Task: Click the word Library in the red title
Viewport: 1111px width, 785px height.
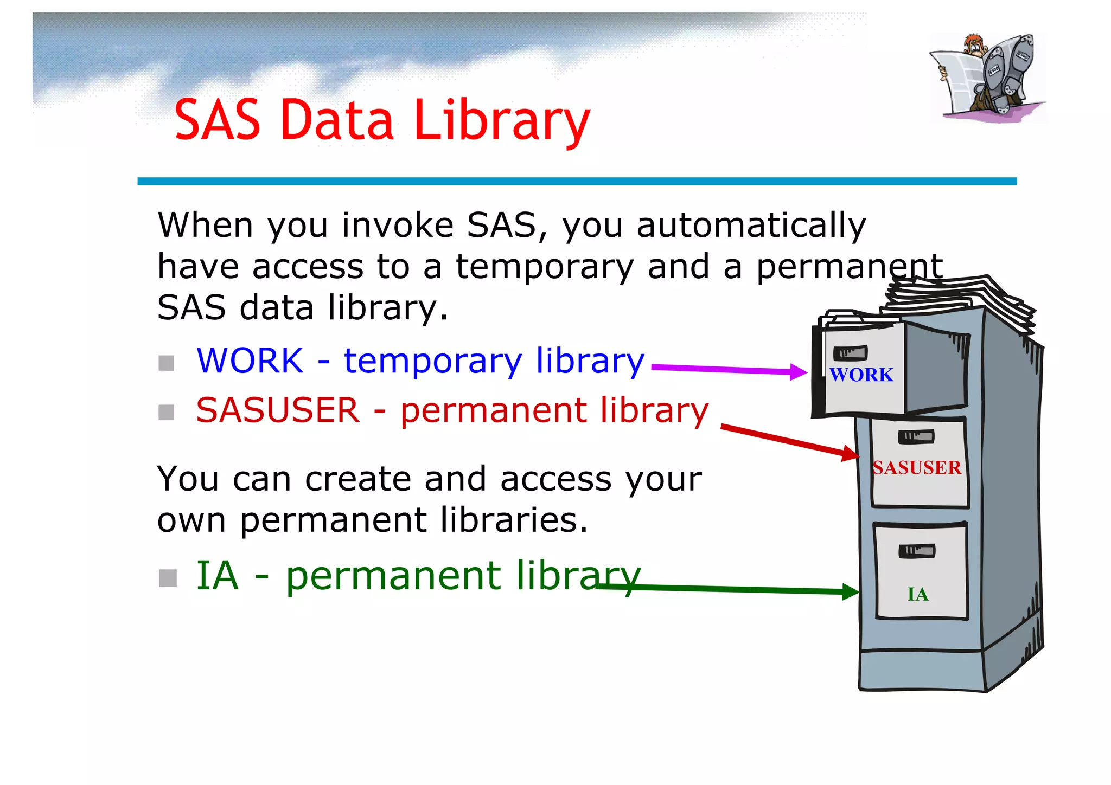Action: (501, 120)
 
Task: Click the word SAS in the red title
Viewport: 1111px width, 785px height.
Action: (217, 120)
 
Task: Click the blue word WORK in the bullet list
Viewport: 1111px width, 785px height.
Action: (250, 361)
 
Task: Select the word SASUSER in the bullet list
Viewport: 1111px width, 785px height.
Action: (278, 410)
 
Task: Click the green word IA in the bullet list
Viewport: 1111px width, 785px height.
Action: (217, 576)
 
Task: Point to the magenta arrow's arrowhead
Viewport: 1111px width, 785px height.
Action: (799, 372)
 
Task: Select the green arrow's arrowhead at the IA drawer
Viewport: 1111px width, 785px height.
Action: (851, 591)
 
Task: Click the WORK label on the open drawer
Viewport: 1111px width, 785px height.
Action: (861, 375)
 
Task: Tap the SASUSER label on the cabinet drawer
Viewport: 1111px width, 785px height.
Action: (917, 468)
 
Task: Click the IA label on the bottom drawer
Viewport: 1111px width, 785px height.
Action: (918, 595)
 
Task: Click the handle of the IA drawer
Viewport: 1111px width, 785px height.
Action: (917, 551)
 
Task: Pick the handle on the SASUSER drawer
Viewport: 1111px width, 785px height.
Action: (916, 436)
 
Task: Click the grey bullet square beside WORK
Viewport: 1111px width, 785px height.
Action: (167, 363)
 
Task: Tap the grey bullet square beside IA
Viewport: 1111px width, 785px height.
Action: (168, 578)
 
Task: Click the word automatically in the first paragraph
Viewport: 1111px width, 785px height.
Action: (751, 226)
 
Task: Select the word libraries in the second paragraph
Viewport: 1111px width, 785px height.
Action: (514, 520)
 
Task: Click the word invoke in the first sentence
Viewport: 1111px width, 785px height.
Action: (398, 226)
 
